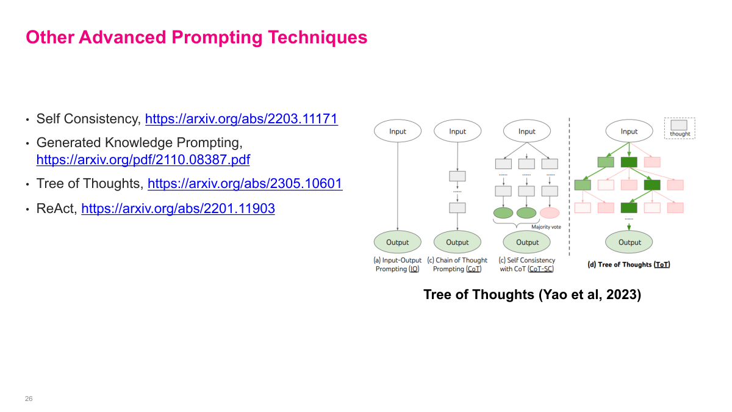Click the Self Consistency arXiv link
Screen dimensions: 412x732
241,118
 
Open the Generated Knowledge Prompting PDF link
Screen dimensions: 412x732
143,160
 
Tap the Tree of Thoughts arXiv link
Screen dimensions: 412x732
245,184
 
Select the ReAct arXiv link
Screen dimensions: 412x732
178,209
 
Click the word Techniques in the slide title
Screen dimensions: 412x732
318,37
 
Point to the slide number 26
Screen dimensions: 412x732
29,399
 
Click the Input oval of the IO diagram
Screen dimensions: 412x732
398,131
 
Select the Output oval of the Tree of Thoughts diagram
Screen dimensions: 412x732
630,242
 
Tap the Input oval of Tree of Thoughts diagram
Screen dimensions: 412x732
629,131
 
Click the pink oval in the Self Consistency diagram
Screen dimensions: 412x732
550,213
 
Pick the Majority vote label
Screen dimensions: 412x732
546,227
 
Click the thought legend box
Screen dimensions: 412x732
680,128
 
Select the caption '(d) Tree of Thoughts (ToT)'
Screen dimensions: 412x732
628,264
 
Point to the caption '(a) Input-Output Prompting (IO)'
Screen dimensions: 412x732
398,264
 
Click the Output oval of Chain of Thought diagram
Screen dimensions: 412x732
457,242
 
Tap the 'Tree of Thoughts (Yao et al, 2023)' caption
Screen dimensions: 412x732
532,295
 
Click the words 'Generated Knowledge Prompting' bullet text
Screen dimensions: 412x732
139,143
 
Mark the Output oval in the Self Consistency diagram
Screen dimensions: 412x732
527,242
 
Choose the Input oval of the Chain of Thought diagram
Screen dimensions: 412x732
457,131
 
